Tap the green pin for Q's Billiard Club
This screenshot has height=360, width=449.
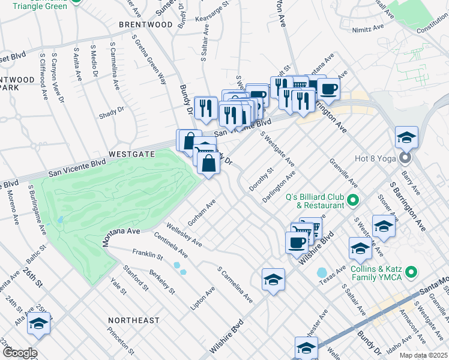click(x=353, y=200)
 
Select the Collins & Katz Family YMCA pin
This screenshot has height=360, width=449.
click(x=411, y=273)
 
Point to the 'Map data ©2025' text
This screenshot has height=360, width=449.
click(x=423, y=355)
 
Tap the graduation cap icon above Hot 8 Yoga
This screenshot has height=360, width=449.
click(x=406, y=137)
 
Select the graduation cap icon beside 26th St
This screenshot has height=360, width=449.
click(x=39, y=324)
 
